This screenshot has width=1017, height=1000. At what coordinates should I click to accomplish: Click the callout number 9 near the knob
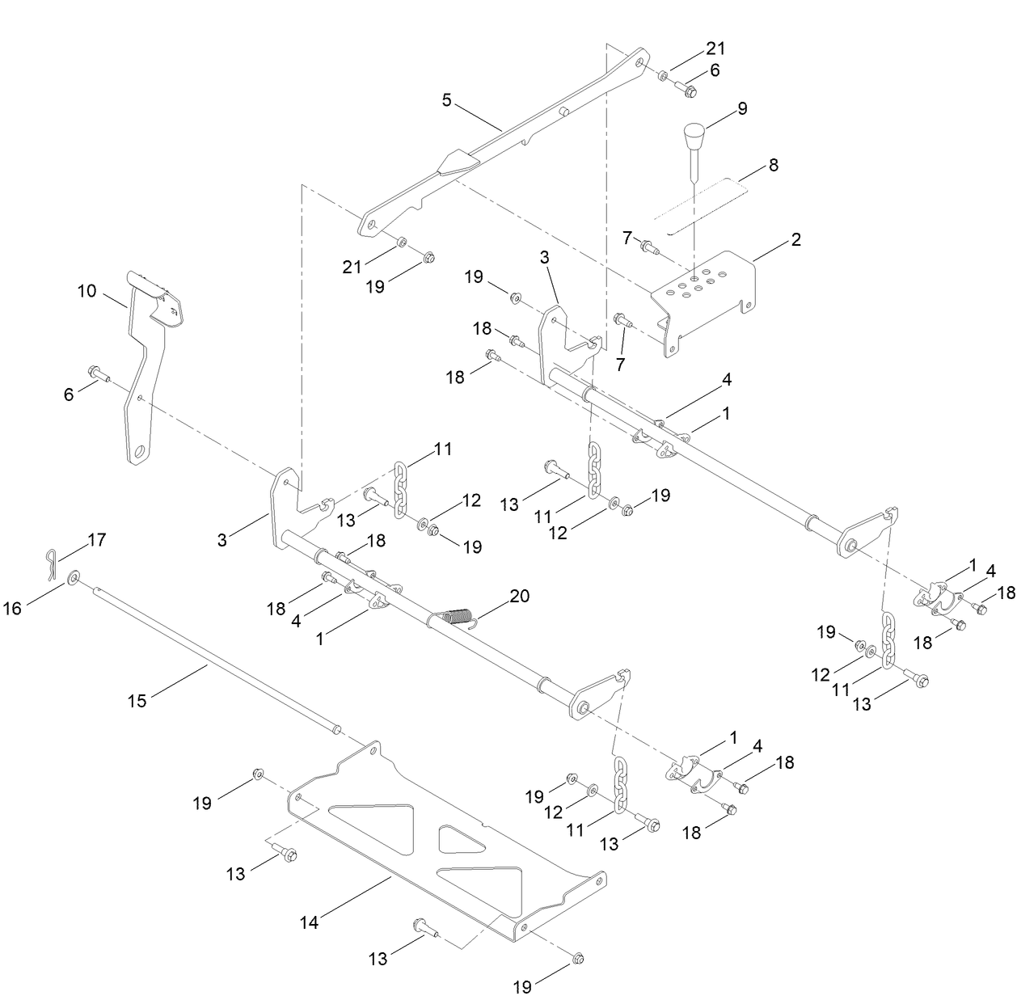pos(742,108)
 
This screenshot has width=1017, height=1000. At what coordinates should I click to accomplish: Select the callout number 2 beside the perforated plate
pos(795,239)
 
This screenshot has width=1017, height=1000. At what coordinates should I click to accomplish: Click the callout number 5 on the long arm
pos(446,100)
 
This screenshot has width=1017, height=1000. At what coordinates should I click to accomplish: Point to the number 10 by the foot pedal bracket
pos(87,290)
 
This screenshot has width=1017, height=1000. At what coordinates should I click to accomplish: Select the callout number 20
pos(519,597)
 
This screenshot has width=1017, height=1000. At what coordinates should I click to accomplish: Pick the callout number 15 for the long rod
pos(137,700)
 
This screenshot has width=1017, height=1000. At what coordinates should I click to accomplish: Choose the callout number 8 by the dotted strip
pos(773,165)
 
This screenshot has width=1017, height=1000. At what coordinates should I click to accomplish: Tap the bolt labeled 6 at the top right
pos(687,91)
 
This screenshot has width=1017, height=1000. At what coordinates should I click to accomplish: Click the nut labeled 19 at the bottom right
pos(578,959)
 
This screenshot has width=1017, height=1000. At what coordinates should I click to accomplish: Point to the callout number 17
pos(96,538)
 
